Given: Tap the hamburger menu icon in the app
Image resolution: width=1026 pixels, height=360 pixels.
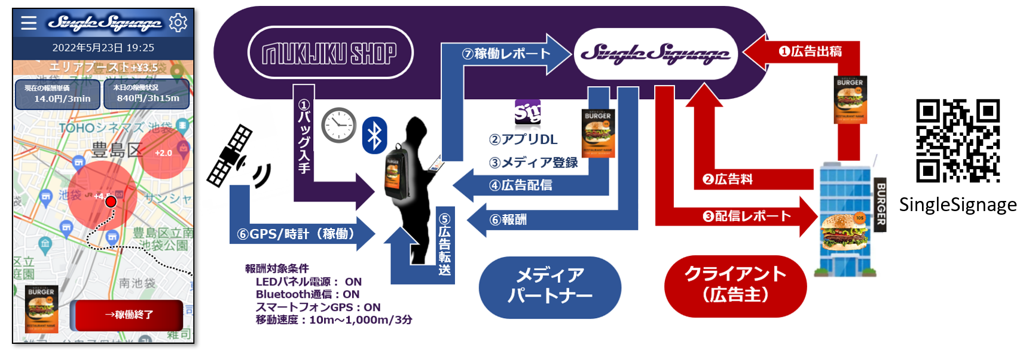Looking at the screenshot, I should pyautogui.click(x=29, y=23).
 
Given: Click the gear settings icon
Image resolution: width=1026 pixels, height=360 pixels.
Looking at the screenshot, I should pyautogui.click(x=178, y=23).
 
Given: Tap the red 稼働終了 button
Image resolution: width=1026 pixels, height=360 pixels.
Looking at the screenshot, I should pyautogui.click(x=129, y=315).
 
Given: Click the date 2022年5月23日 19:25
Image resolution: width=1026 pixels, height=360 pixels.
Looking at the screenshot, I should pyautogui.click(x=103, y=48).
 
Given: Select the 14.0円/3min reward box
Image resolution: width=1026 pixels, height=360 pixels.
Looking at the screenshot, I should pyautogui.click(x=58, y=94).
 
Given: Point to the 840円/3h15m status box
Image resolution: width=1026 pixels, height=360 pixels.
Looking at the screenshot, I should pyautogui.click(x=147, y=94).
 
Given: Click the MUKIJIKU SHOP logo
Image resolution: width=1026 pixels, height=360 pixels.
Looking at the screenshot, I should pyautogui.click(x=330, y=53).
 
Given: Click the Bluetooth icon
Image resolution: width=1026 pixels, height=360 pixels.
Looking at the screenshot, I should pyautogui.click(x=375, y=135).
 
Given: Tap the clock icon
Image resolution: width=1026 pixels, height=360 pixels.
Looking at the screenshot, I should pyautogui.click(x=338, y=125).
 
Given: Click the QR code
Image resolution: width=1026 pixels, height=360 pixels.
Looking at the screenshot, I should pyautogui.click(x=958, y=141).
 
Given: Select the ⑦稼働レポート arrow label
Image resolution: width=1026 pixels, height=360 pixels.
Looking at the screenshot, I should pyautogui.click(x=506, y=54).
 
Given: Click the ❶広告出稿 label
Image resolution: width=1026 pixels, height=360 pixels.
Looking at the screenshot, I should pyautogui.click(x=810, y=51).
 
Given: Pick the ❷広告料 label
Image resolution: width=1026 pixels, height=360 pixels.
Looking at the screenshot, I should pyautogui.click(x=728, y=179).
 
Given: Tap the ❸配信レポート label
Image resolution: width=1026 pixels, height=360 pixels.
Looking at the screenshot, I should pyautogui.click(x=747, y=216).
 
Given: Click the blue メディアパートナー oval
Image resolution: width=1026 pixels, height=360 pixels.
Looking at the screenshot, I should pyautogui.click(x=550, y=286).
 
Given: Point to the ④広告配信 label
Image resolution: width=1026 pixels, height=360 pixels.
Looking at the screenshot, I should pyautogui.click(x=521, y=185).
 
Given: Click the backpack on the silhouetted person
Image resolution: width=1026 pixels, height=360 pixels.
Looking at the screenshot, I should pyautogui.click(x=393, y=173).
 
